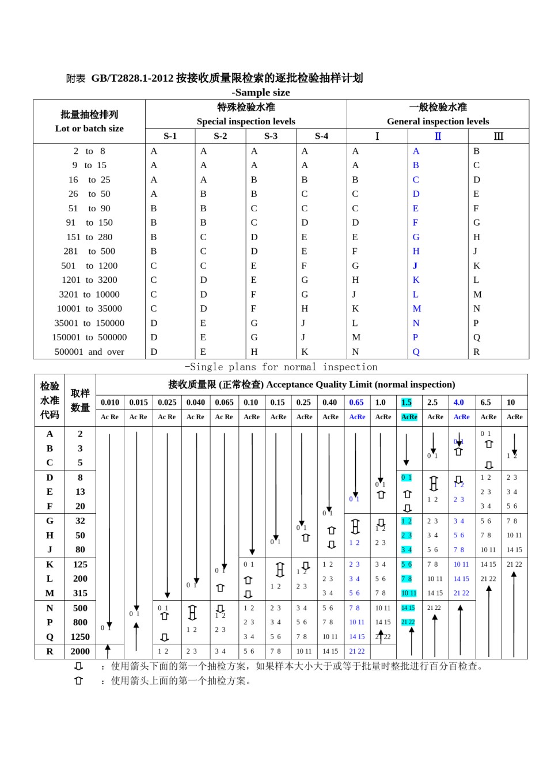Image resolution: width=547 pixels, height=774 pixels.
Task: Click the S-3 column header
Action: [271, 136]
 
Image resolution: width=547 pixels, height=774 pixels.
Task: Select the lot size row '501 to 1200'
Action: [89, 266]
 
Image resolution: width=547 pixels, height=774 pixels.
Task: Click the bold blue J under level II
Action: [415, 266]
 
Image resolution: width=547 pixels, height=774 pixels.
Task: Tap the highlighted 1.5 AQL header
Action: [407, 403]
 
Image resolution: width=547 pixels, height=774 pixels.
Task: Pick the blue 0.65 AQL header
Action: [356, 403]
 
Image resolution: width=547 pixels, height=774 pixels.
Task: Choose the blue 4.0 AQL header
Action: [458, 403]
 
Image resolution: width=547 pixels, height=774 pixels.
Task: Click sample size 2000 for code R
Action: [80, 651]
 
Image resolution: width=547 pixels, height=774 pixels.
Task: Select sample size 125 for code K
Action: [80, 564]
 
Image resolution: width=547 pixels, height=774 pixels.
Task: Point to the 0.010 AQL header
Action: [109, 403]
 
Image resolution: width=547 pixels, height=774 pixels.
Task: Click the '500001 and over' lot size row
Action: [89, 352]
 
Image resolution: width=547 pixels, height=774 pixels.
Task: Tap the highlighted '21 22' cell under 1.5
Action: [408, 623]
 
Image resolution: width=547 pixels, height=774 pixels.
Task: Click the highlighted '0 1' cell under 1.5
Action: [407, 477]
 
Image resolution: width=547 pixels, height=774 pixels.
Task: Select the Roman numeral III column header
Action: [498, 136]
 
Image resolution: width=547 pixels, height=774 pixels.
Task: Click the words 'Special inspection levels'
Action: [246, 122]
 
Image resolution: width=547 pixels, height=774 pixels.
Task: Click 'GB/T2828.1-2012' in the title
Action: [132, 78]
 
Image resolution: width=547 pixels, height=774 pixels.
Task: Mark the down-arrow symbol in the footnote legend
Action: [78, 666]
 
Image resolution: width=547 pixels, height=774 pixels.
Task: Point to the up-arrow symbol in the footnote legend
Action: [78, 681]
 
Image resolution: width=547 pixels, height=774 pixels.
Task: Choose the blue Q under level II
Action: [416, 352]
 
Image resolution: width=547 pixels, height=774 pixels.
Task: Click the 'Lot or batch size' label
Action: [89, 128]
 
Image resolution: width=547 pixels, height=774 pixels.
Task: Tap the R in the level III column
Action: [476, 352]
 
